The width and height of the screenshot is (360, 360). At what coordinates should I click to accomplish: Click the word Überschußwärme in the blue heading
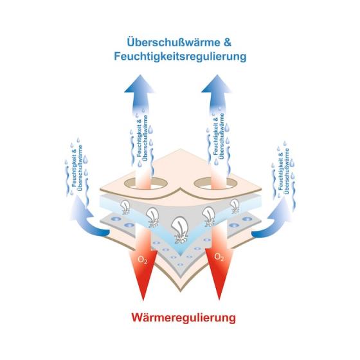pos(172,42)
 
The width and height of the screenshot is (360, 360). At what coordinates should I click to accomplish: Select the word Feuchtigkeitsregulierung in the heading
pos(180,57)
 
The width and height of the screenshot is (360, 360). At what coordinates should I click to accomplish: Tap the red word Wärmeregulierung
pos(183,318)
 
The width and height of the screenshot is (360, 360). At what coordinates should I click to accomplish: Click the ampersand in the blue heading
pos(227,42)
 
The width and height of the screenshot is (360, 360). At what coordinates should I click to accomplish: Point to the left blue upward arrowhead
pos(139,84)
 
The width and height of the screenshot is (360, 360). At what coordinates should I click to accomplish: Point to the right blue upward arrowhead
pos(216,84)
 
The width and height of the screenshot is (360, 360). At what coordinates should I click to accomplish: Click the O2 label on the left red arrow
pos(142,260)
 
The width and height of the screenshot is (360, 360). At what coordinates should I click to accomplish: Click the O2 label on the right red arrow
pos(219,257)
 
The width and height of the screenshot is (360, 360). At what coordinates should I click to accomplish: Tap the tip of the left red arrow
pos(143,300)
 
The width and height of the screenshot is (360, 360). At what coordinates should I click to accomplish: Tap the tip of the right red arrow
pos(219,300)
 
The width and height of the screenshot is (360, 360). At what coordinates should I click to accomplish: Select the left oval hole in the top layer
pos(146,183)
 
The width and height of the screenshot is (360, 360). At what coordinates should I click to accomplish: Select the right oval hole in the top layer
pos(215,183)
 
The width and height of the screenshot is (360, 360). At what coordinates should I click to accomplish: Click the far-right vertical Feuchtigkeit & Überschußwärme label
pos(283,171)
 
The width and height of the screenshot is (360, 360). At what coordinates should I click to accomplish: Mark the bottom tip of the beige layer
pos(181,292)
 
